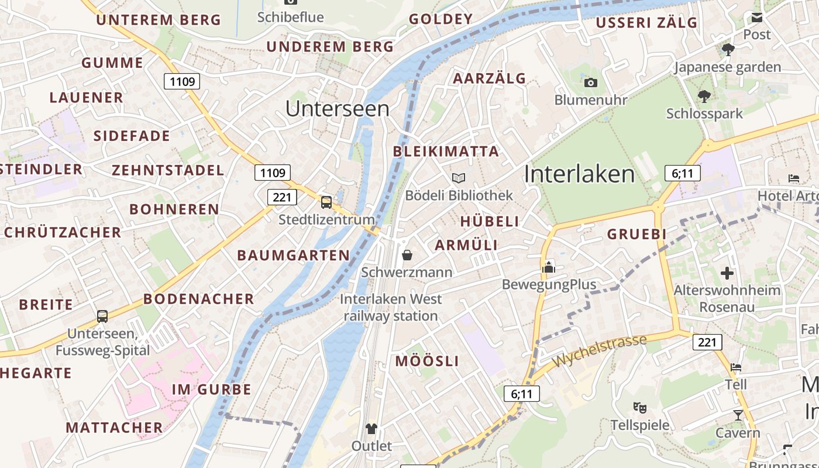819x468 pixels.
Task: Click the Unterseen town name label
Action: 338,109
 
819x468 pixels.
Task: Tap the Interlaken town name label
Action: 579,174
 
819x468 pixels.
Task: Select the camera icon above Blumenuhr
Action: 591,82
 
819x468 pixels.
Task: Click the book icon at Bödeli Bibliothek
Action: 459,178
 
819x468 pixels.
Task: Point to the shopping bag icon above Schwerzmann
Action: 407,255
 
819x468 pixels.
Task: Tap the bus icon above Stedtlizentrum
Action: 326,202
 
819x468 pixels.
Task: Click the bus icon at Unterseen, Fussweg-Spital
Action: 102,316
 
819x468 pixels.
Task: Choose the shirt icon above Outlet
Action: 371,429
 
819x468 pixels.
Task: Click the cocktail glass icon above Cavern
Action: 738,415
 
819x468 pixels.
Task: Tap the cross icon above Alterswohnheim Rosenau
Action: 727,273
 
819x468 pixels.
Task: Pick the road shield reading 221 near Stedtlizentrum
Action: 282,197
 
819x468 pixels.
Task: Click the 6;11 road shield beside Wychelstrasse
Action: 521,394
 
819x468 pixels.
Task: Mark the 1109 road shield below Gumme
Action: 182,81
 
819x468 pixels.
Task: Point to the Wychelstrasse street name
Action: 600,351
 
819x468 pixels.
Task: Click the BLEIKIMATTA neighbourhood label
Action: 446,152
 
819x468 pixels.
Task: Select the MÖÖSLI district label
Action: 427,361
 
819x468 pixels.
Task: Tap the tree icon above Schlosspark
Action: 705,96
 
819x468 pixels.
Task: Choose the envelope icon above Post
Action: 757,18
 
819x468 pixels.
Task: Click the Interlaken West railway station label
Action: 391,307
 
